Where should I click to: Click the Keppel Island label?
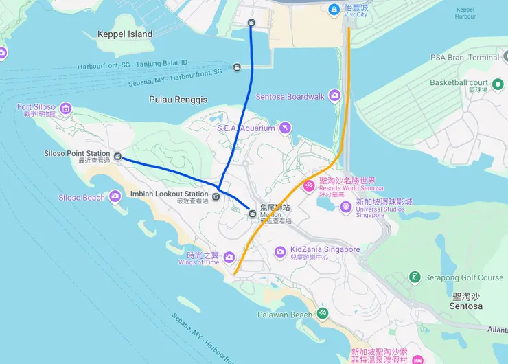[125, 34]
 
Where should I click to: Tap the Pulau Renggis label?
[178, 100]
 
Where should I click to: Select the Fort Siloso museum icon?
[66, 109]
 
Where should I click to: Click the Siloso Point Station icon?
[118, 157]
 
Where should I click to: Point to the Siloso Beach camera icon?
[115, 197]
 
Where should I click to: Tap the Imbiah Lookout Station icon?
[216, 197]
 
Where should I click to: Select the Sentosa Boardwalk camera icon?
[334, 96]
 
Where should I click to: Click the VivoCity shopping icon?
[334, 9]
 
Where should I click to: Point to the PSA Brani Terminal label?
[465, 58]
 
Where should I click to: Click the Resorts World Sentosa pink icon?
[309, 185]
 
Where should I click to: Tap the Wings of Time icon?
[229, 258]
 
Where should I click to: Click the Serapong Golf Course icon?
[415, 277]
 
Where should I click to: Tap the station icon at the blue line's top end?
[251, 23]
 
